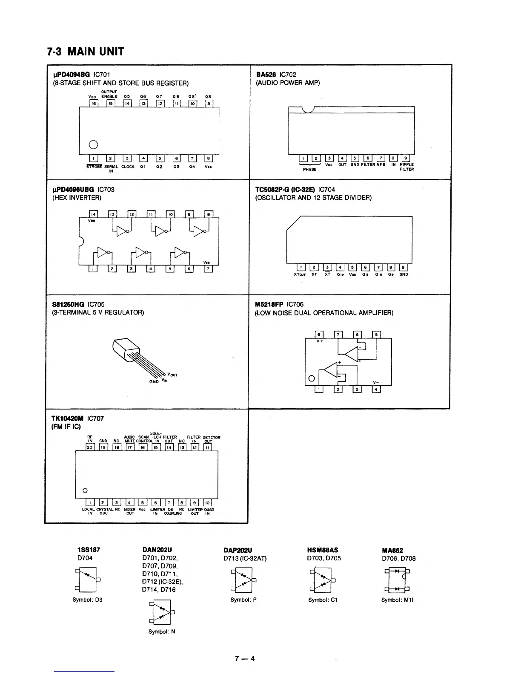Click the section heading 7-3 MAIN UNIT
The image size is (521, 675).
tap(85, 52)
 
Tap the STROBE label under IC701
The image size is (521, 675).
tap(93, 167)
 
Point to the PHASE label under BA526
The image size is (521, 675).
tap(309, 170)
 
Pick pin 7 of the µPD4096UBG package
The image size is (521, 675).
tap(208, 268)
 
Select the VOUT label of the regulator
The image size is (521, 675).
tap(172, 375)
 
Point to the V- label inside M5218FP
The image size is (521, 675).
tap(375, 382)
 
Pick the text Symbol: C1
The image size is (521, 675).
tap(323, 600)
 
